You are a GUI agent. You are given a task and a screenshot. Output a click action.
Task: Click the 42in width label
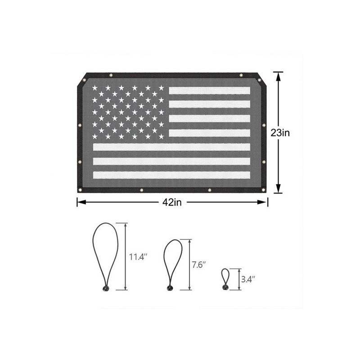click(x=172, y=202)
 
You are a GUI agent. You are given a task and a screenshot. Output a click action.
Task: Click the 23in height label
click(x=280, y=133)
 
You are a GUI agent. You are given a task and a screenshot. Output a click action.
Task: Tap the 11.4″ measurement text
click(x=138, y=256)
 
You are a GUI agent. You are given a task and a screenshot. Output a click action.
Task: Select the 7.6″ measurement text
click(x=198, y=265)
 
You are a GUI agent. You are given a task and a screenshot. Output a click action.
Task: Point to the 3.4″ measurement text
click(x=248, y=279)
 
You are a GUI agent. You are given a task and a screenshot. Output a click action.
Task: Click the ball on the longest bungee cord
click(x=106, y=288)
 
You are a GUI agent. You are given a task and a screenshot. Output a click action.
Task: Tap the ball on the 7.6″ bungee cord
click(x=170, y=288)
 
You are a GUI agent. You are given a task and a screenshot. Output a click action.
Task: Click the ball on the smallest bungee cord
click(x=225, y=287)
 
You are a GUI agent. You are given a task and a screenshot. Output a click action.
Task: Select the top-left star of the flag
click(x=94, y=88)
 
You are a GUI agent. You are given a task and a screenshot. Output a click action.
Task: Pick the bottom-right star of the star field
click(x=162, y=136)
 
